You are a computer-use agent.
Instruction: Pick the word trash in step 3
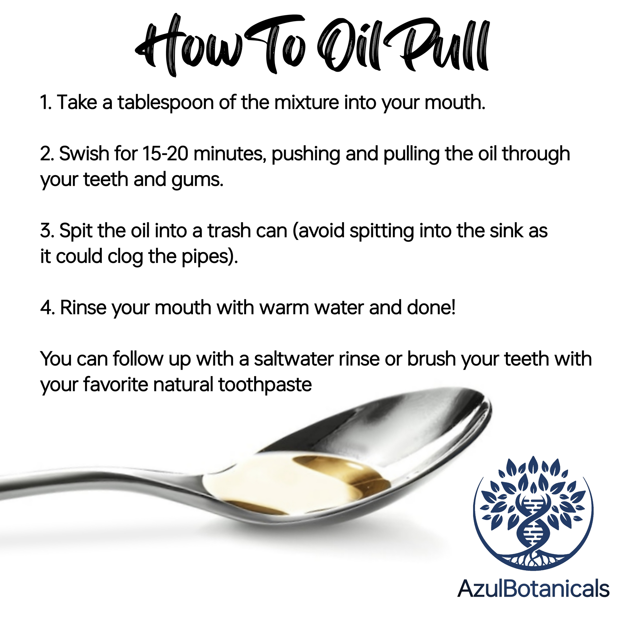(x=229, y=231)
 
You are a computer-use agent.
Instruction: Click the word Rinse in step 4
(x=83, y=308)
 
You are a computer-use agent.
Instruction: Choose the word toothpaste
(x=265, y=385)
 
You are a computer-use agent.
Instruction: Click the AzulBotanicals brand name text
(x=533, y=589)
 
